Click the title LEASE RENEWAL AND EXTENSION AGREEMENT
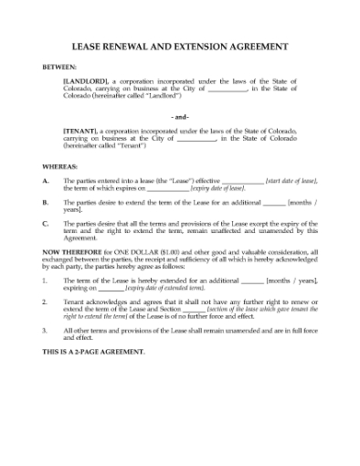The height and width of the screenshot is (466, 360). [x=180, y=46]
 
